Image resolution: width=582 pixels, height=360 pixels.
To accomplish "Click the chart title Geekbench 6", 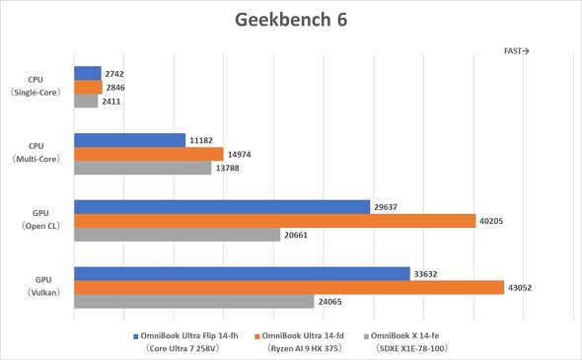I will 291,20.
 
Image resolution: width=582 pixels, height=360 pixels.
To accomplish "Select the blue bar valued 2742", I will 88,73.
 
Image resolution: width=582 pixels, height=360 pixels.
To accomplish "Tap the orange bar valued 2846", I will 88,87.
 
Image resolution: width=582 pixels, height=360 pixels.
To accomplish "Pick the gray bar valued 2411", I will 86,101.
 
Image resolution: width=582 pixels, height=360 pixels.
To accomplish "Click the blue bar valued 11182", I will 129,140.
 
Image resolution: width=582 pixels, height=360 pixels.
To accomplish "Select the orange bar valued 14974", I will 149,154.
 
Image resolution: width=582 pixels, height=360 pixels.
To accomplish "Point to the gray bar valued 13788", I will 142,168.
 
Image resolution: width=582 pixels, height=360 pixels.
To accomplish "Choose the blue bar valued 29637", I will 222,207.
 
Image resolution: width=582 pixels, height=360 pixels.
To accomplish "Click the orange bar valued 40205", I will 275,221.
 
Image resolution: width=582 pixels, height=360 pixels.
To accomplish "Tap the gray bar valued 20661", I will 178,235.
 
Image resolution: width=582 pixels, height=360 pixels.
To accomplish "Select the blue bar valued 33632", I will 242,273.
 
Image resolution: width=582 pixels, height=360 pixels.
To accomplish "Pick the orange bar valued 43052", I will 289,287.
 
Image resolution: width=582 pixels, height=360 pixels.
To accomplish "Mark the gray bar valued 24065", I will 194,301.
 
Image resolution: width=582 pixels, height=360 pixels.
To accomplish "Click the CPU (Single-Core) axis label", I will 36,87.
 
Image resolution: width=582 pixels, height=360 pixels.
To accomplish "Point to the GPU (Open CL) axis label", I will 36,220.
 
